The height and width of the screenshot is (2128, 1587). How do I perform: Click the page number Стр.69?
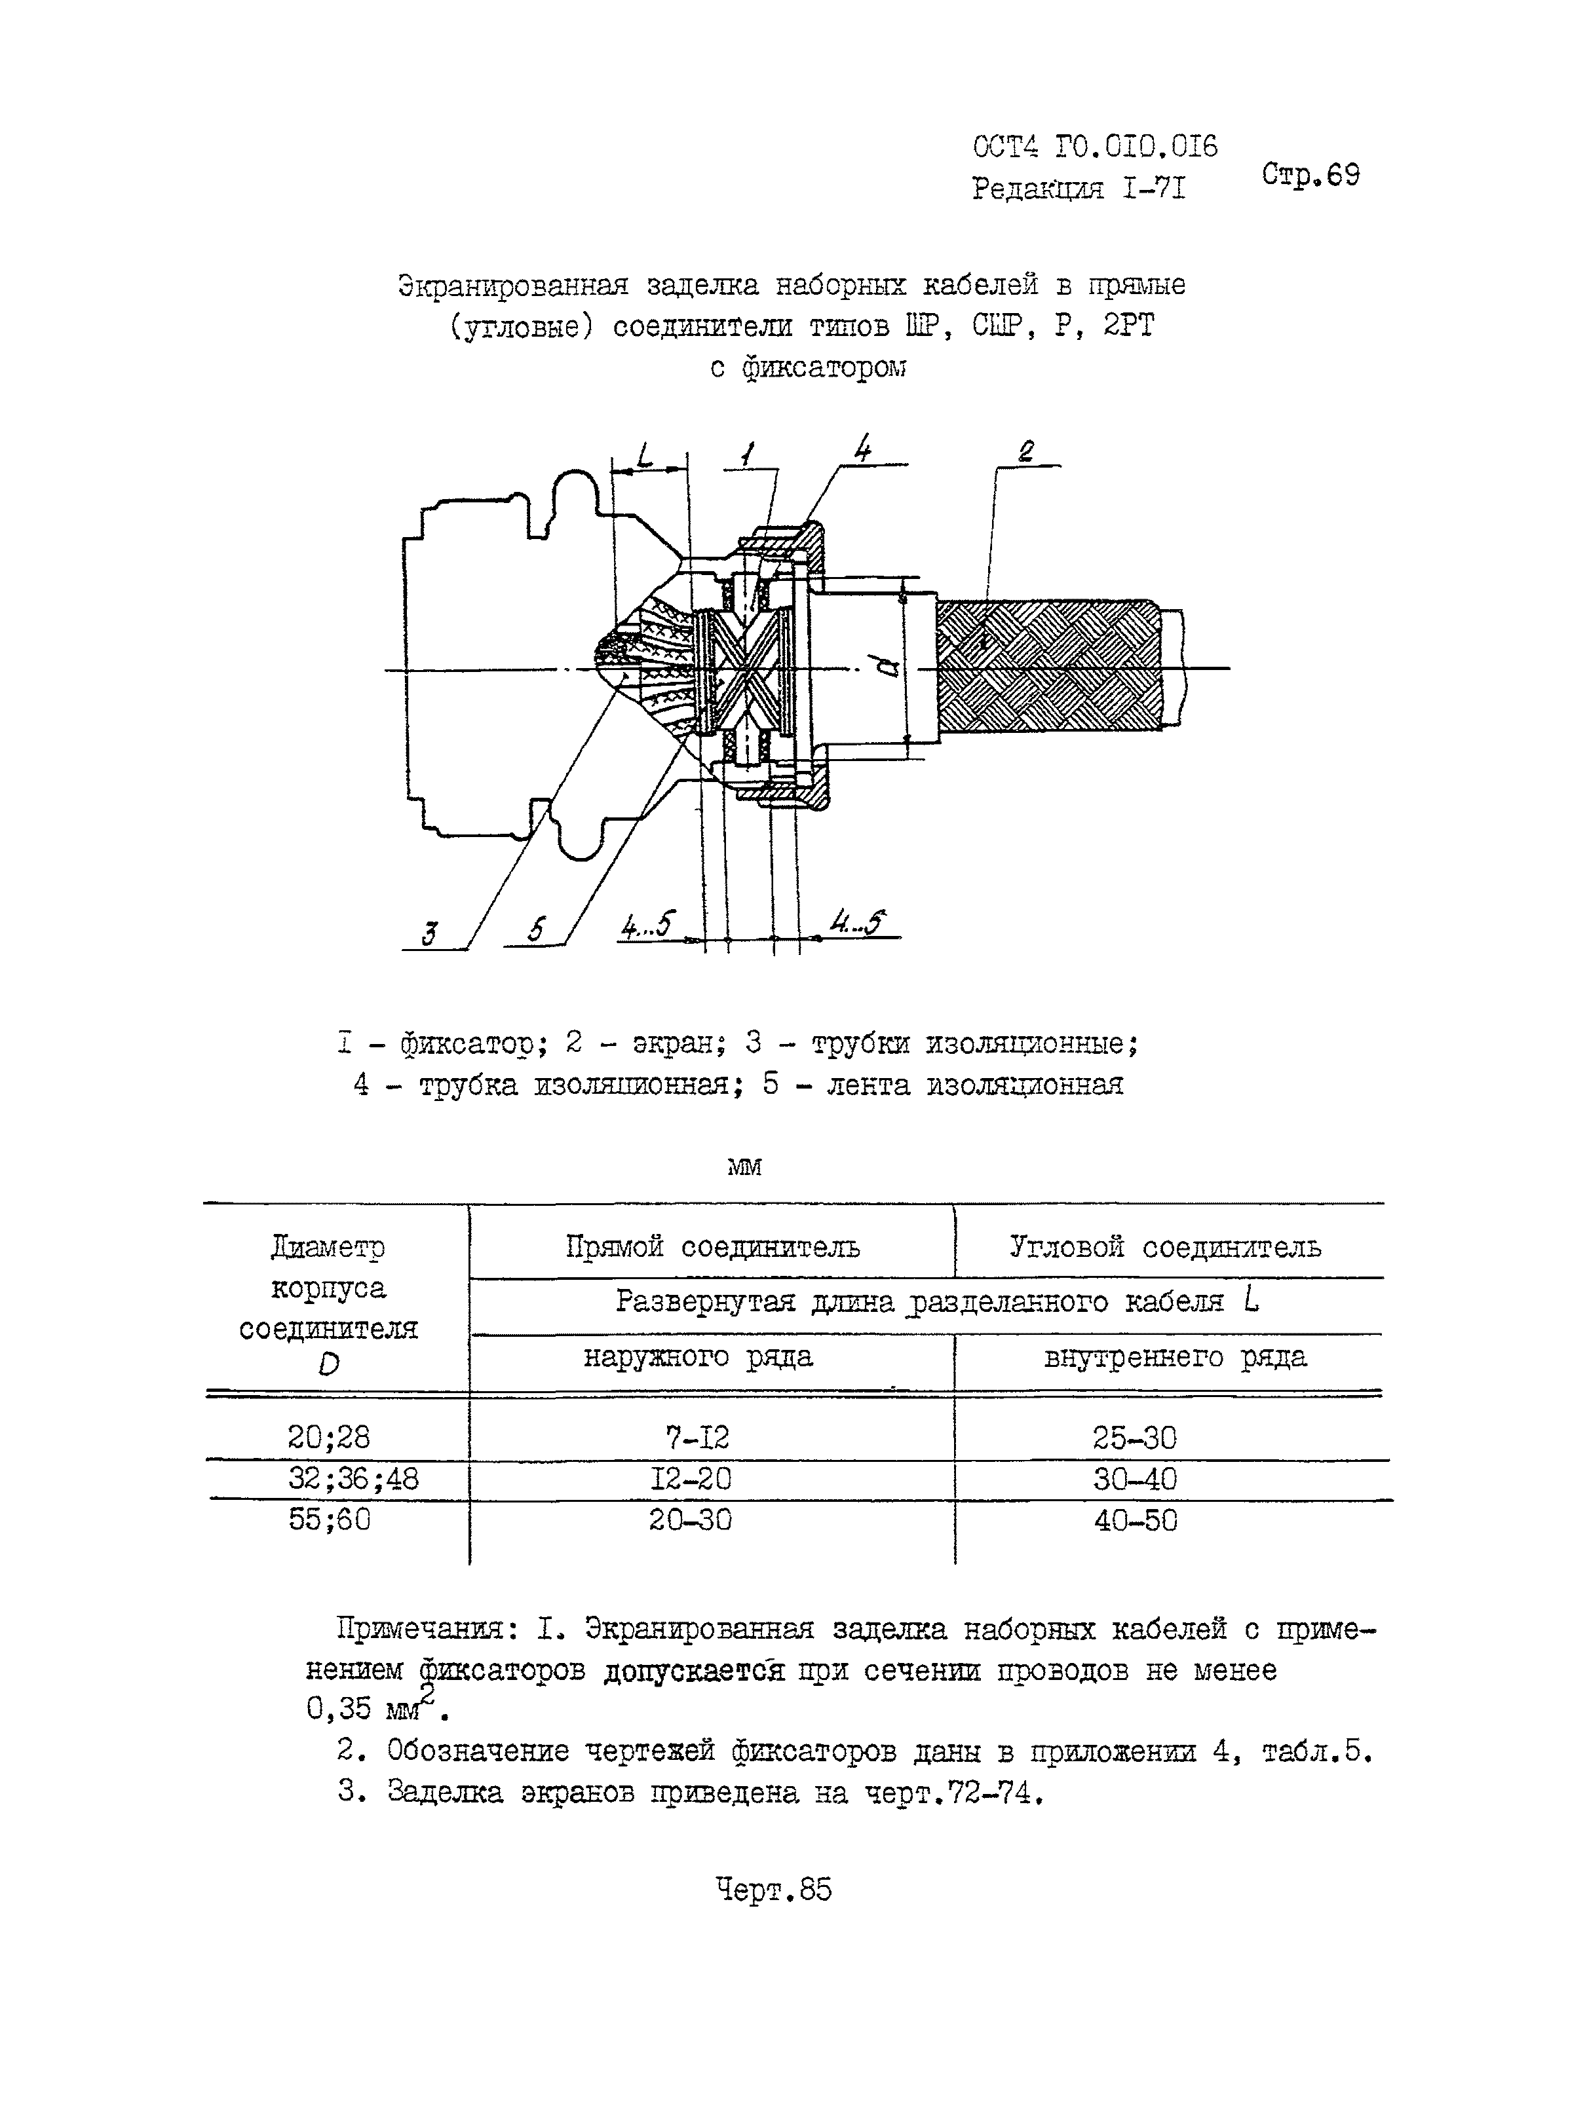tap(1310, 175)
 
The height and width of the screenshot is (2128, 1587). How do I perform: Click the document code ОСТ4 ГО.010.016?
tap(1095, 147)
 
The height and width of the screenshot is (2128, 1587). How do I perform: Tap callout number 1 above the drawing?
tap(748, 453)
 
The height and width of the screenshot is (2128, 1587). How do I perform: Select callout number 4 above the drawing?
tap(863, 449)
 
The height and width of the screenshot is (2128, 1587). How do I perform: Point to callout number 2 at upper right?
tap(1026, 451)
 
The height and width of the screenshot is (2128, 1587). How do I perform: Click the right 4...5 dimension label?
tap(857, 923)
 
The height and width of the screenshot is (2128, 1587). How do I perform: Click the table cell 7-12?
tap(697, 1438)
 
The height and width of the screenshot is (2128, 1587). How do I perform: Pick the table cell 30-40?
tap(1134, 1479)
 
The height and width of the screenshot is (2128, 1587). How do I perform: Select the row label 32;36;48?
tap(354, 1479)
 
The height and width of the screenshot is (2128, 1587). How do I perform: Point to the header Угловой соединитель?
tap(1164, 1248)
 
